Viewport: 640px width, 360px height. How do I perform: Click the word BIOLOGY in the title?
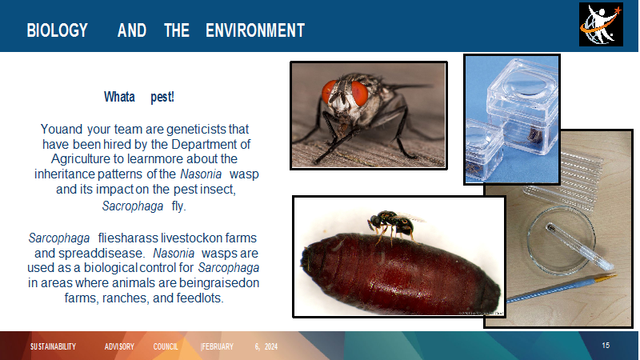[x=57, y=30]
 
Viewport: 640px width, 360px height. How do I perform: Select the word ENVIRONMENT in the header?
[x=255, y=30]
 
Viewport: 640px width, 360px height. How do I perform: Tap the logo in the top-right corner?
[x=601, y=25]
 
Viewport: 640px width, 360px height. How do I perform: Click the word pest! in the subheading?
[x=162, y=97]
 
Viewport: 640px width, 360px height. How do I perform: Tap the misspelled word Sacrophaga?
[x=133, y=206]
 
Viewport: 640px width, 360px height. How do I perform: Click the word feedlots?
[x=199, y=298]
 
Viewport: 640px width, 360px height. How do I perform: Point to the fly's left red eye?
[x=329, y=92]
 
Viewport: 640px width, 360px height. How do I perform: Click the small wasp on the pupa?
[x=393, y=225]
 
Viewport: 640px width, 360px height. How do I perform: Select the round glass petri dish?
[x=562, y=241]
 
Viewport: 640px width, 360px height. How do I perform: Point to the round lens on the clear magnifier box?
[x=525, y=86]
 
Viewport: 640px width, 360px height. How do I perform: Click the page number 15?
[x=606, y=346]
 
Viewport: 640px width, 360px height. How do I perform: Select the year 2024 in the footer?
[x=271, y=347]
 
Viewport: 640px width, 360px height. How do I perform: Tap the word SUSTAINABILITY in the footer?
[x=53, y=347]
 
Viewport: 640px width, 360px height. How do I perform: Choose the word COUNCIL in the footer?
[x=166, y=347]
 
